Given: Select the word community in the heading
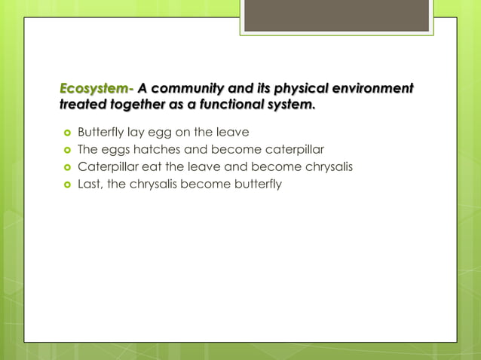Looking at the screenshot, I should point(187,90).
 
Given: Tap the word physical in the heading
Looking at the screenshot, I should point(295,90).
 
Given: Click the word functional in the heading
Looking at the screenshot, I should point(225,106).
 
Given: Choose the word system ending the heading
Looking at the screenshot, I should point(290,106).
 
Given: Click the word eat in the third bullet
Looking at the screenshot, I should point(144,166).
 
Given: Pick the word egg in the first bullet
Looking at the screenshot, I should point(161,133).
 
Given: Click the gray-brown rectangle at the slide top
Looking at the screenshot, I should point(336,15).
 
